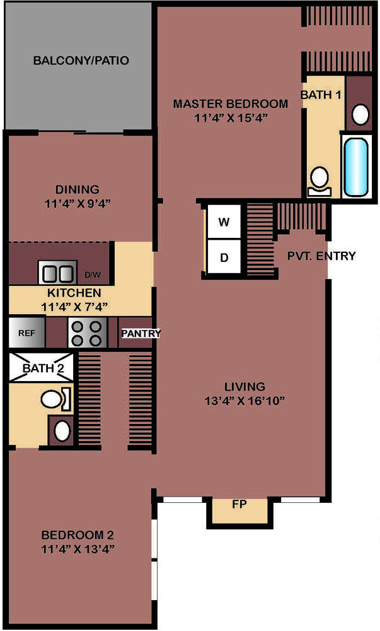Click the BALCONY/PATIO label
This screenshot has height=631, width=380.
click(81, 61)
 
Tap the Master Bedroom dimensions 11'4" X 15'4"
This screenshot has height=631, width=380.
click(231, 119)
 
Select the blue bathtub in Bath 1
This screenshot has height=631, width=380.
click(356, 167)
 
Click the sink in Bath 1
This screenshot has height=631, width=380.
click(360, 115)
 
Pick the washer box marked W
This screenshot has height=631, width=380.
click(224, 221)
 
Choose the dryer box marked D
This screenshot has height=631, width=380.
click(224, 257)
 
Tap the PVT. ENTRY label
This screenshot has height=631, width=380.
click(321, 256)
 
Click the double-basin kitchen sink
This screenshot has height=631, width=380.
click(57, 273)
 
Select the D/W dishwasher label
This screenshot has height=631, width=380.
click(93, 275)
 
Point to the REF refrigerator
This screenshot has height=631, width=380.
click(27, 333)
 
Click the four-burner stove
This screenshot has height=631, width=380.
click(87, 333)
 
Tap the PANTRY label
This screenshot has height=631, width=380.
click(141, 333)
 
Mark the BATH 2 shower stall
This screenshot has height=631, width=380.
click(42, 368)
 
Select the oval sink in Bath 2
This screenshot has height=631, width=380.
click(62, 431)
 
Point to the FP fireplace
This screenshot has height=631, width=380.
click(239, 510)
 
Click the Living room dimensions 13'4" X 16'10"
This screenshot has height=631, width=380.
click(245, 401)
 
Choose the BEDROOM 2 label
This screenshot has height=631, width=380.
click(78, 535)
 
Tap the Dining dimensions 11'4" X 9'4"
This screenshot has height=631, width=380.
click(78, 203)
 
